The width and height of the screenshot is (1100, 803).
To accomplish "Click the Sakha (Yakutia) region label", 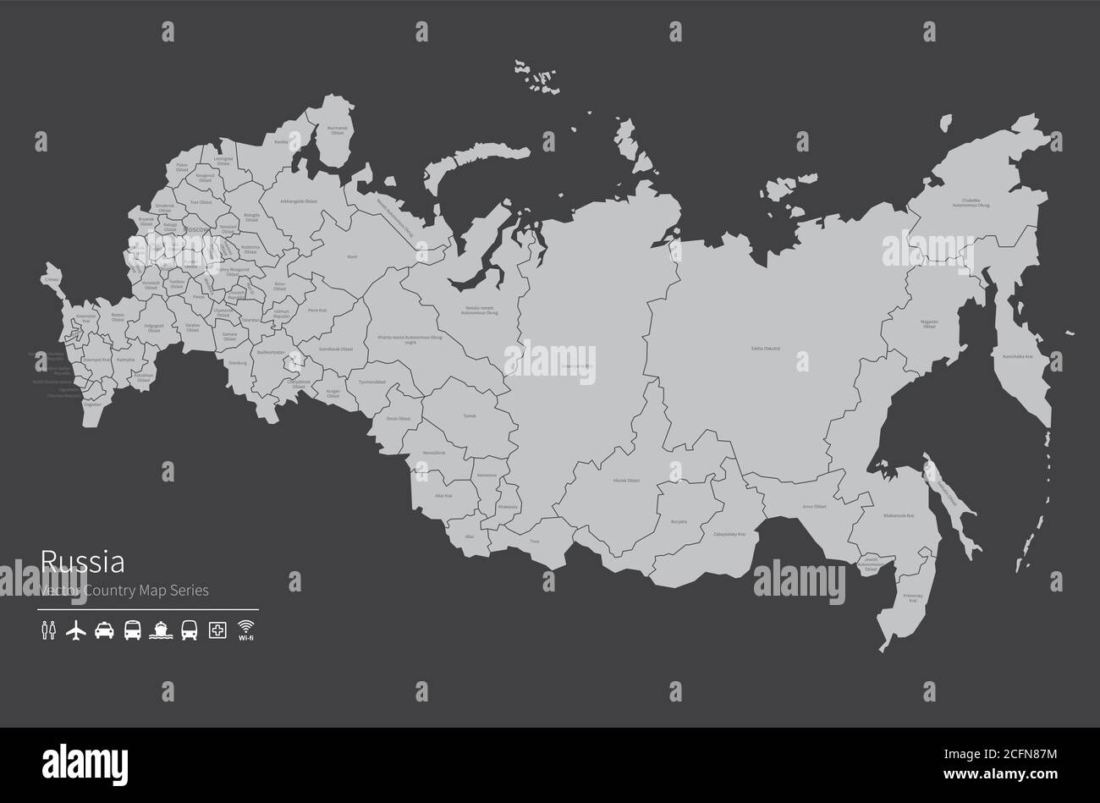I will [x=766, y=349].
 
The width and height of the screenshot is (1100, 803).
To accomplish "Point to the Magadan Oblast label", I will [x=929, y=324].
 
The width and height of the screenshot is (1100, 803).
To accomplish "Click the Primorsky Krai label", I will [x=914, y=597].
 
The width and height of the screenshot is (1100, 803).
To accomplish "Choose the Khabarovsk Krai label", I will [x=899, y=515].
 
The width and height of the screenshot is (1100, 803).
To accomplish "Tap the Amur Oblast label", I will [x=814, y=506].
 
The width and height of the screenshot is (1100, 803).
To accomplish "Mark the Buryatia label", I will [x=679, y=522].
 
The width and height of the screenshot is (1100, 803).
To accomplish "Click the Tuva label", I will [x=535, y=541].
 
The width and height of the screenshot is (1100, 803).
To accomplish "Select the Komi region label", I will [x=353, y=256].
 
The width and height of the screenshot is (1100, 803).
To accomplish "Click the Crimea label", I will [x=52, y=278].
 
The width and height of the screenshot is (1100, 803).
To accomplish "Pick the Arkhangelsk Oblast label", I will [x=300, y=201].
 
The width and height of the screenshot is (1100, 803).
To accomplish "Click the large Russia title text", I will [x=83, y=562].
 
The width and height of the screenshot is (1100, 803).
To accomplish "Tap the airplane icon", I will [x=76, y=630].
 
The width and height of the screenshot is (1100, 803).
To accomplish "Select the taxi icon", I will [x=104, y=630].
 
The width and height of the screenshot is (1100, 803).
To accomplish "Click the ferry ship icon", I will [x=161, y=630].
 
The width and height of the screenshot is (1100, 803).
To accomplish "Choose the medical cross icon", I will [x=217, y=630].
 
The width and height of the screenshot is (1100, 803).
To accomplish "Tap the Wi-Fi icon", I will [x=246, y=629].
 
